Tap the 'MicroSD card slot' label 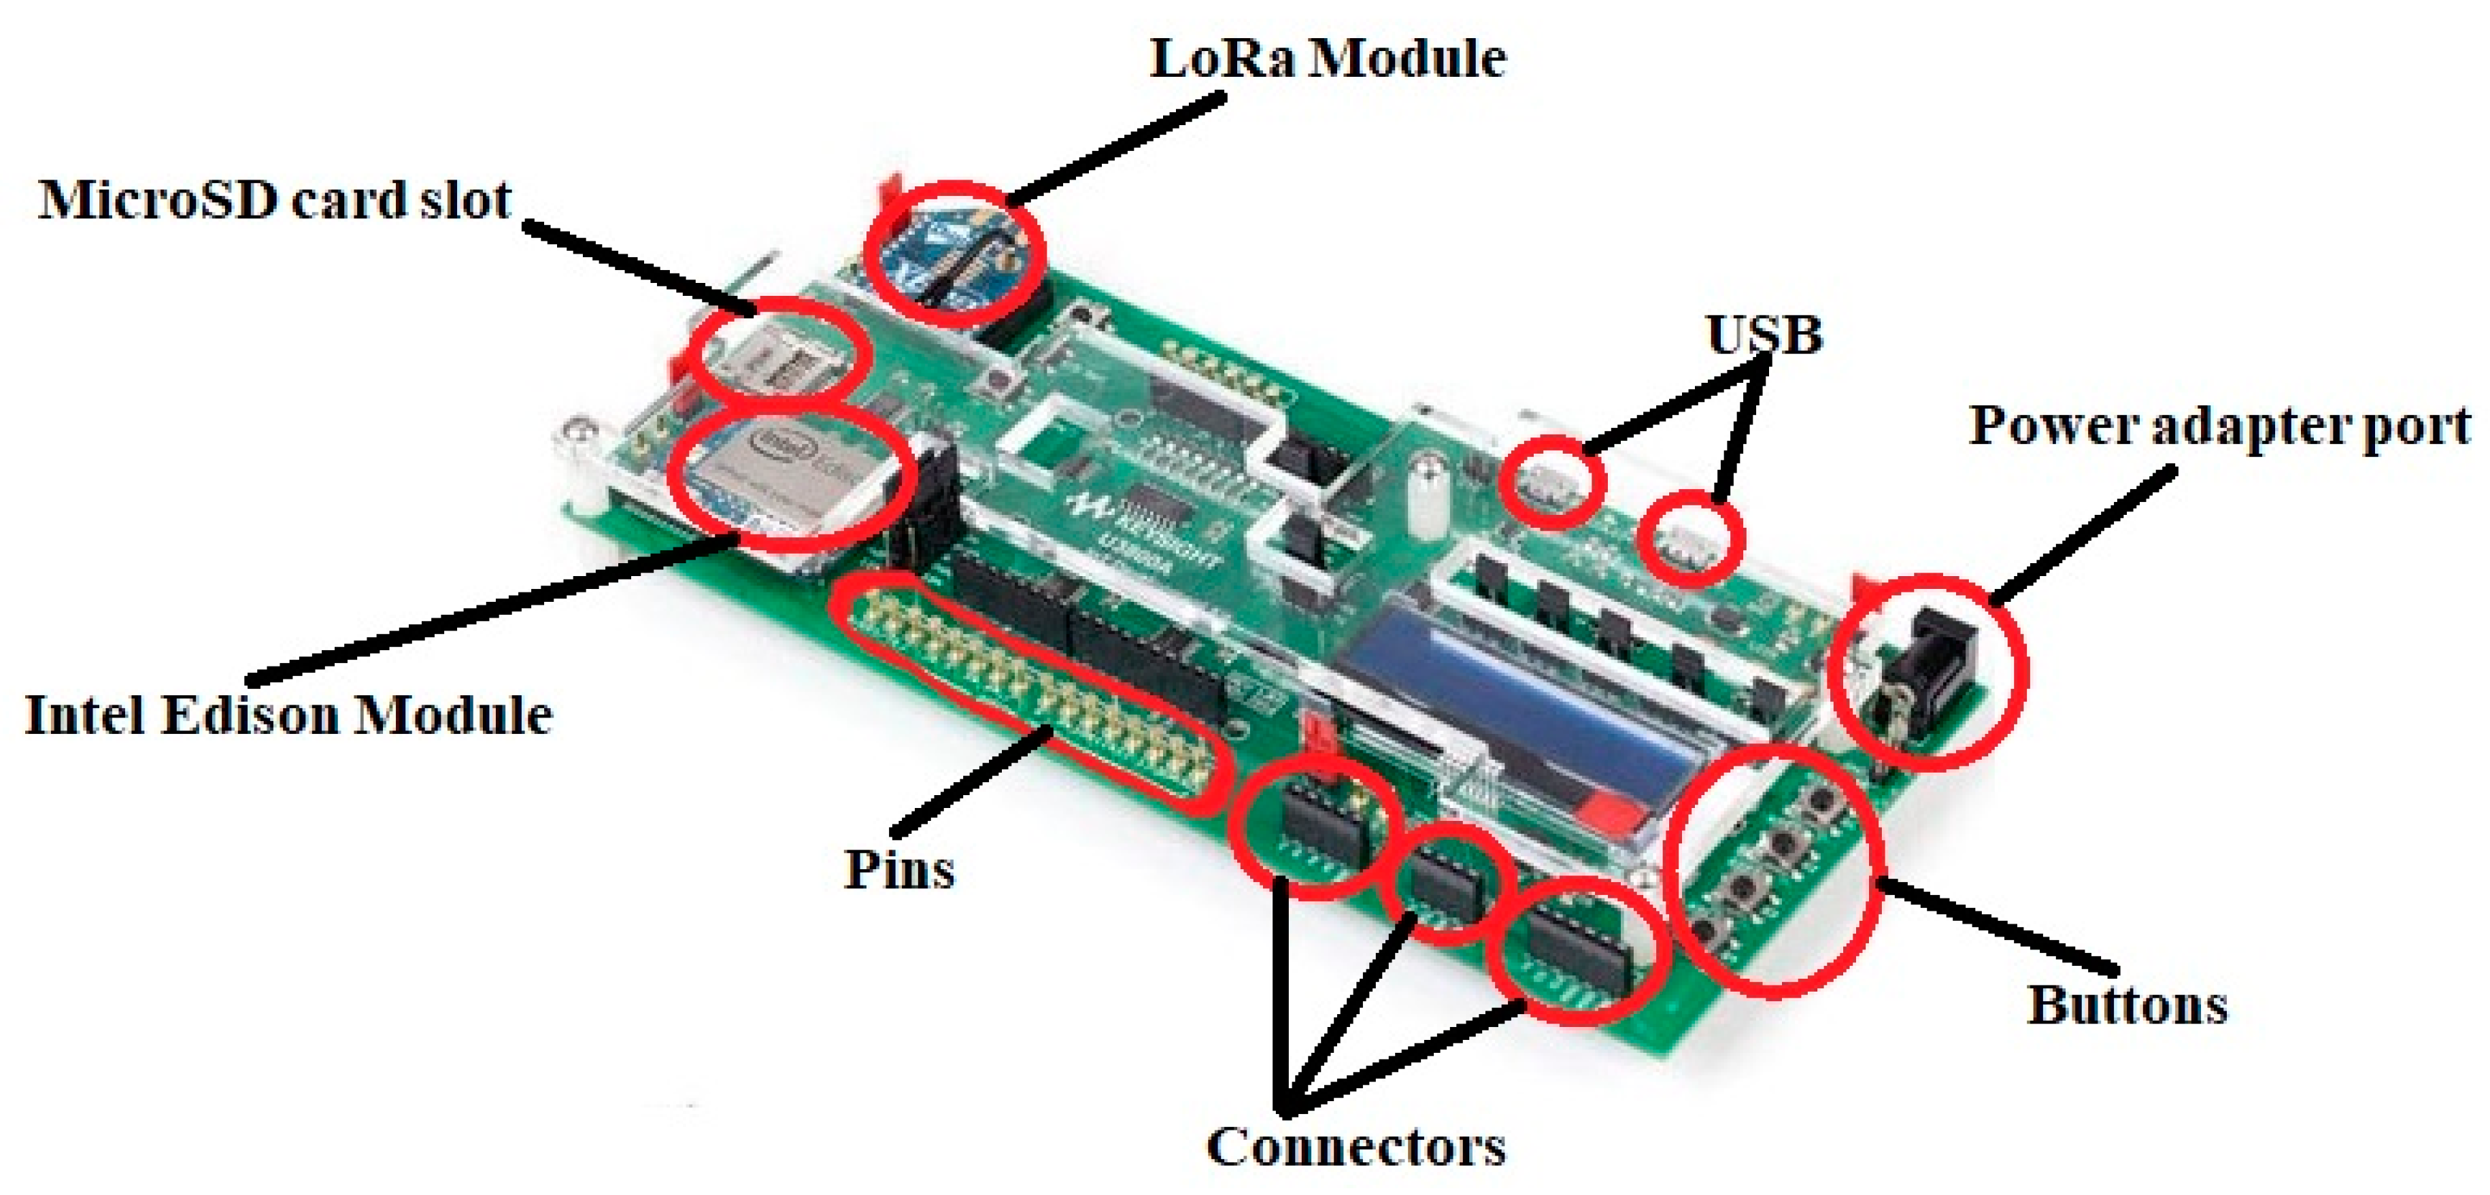pos(275,200)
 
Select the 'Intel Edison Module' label pos(288,716)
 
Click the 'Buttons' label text pos(2127,1005)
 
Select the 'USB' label pos(1764,335)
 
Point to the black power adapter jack pos(1923,667)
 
